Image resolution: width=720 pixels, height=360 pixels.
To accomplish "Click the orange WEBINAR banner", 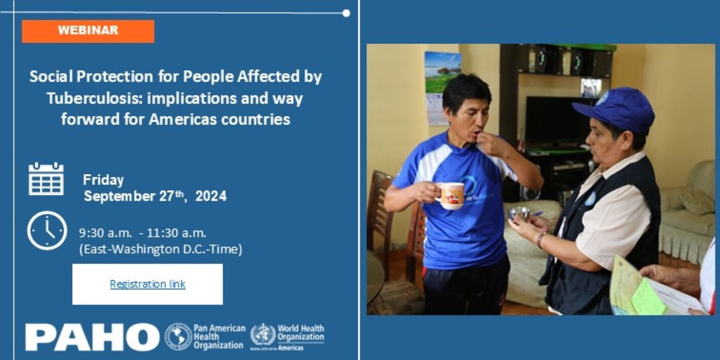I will pyautogui.click(x=88, y=31).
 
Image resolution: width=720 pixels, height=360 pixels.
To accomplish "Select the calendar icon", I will pyautogui.click(x=46, y=179).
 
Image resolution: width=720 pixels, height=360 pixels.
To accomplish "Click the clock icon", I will pyautogui.click(x=47, y=231).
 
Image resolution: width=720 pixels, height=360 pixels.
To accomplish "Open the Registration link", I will pyautogui.click(x=148, y=284).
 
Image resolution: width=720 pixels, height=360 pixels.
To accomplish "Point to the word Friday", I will pyautogui.click(x=103, y=180).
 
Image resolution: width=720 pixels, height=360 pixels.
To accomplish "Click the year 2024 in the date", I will pyautogui.click(x=210, y=196).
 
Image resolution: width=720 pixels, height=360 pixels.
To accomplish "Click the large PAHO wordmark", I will pyautogui.click(x=92, y=337).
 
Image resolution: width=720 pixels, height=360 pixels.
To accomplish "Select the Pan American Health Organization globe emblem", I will pyautogui.click(x=178, y=337).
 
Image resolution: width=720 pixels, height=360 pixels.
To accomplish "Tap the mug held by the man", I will pyautogui.click(x=451, y=195).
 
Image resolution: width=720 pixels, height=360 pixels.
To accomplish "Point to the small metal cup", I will pyautogui.click(x=519, y=213).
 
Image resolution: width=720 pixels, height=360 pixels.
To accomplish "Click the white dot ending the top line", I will pyautogui.click(x=346, y=13).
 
